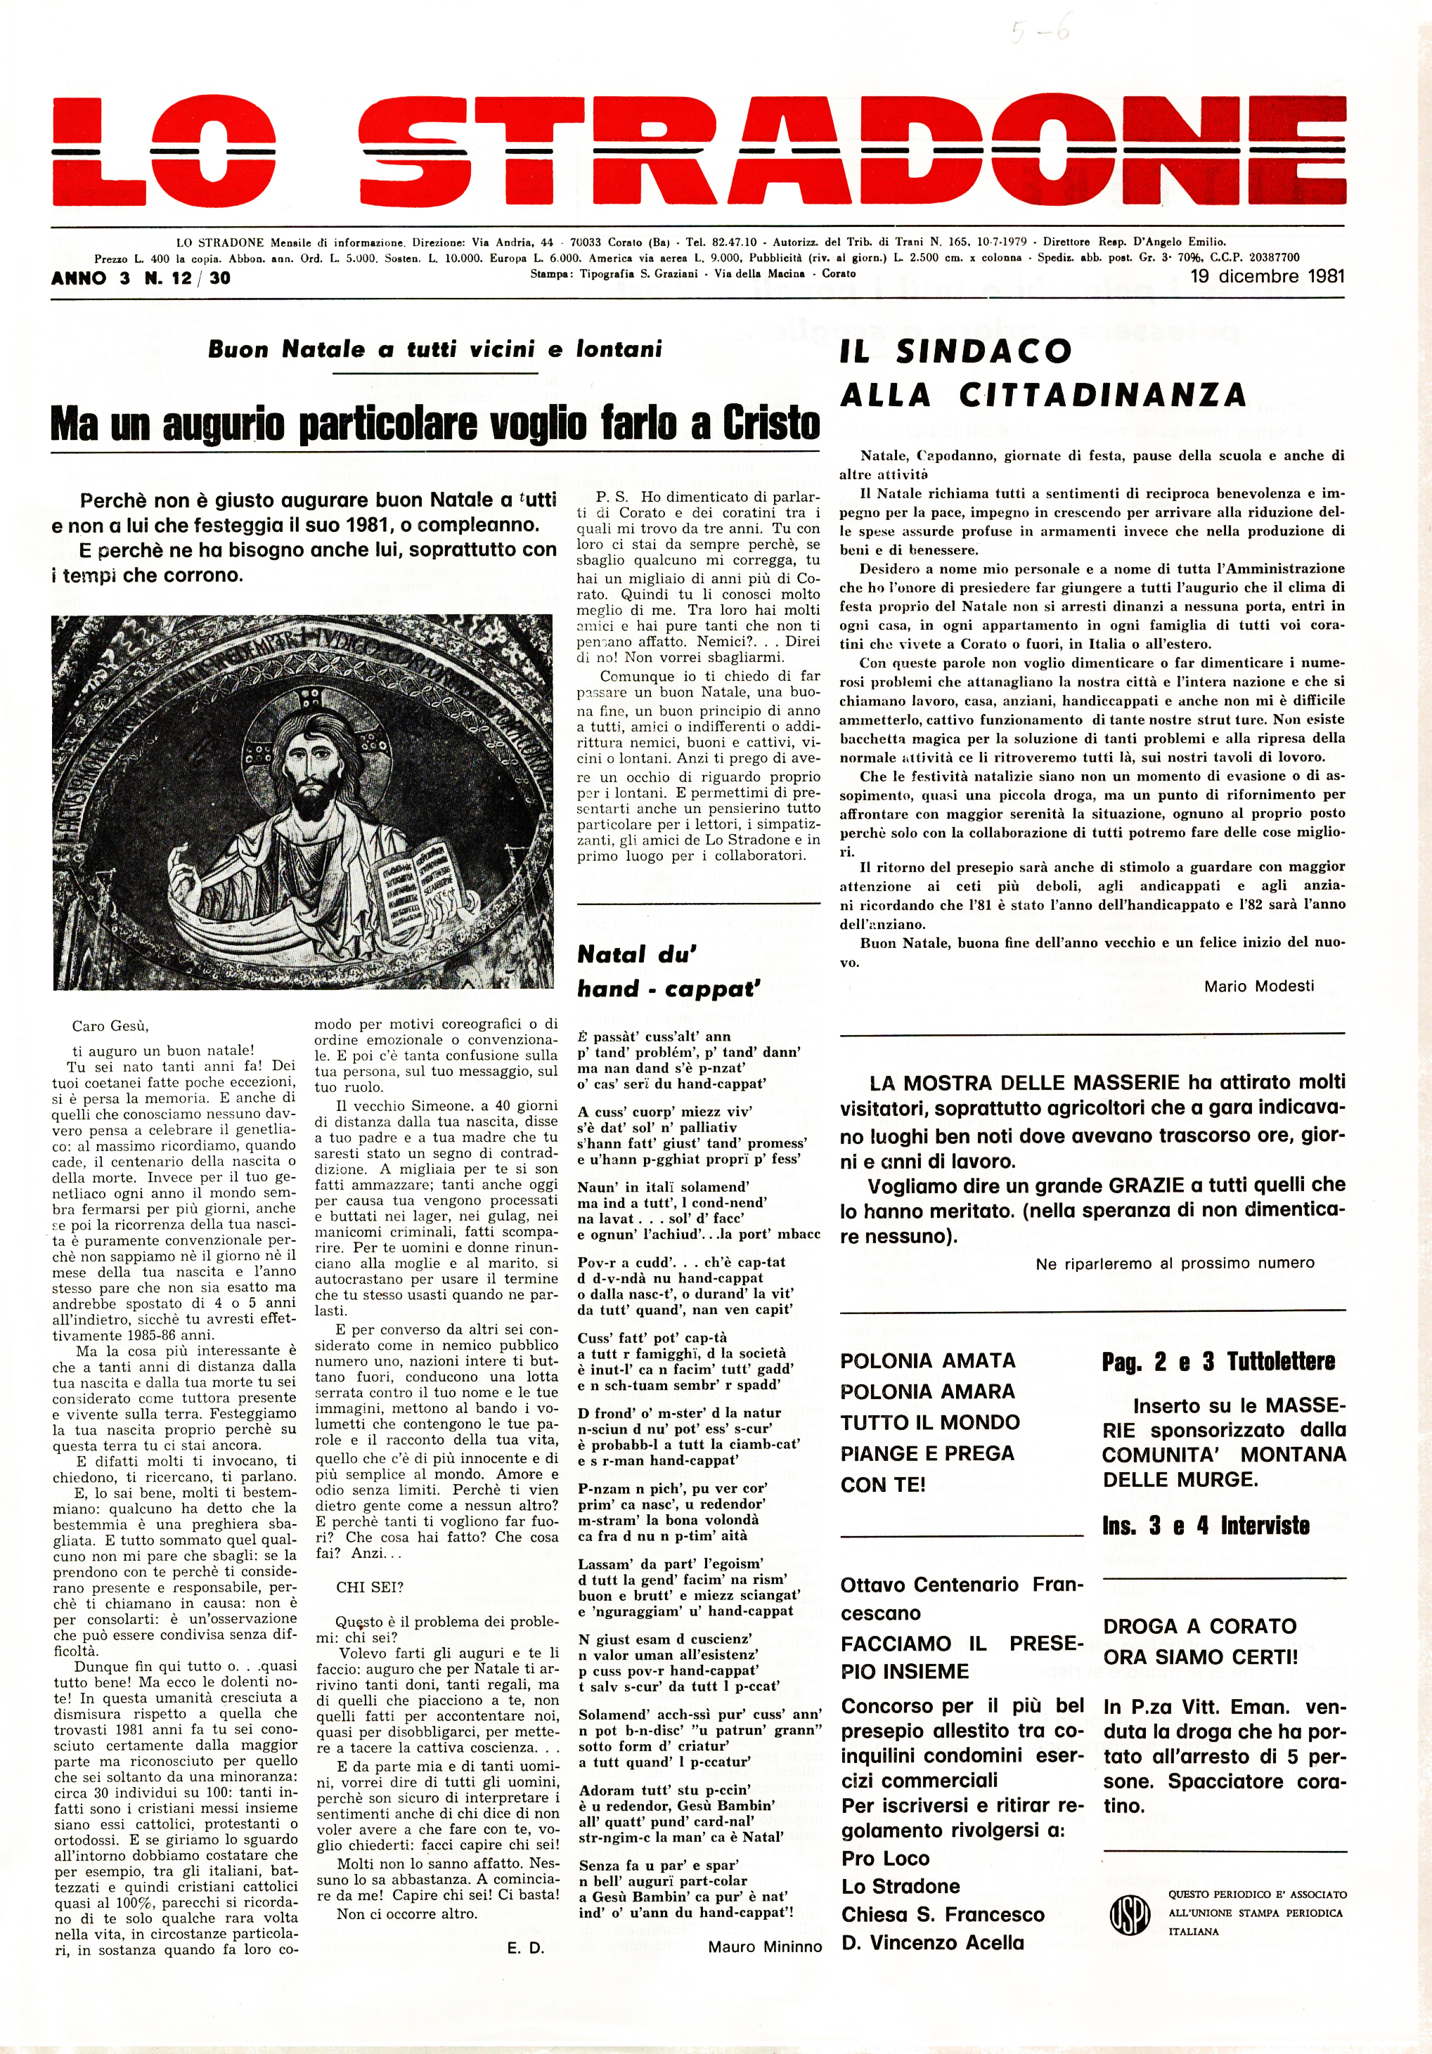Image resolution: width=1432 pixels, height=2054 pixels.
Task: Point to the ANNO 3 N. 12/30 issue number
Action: point(141,278)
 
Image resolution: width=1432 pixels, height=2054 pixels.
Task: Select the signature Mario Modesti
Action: point(1258,986)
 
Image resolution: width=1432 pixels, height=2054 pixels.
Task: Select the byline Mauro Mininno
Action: point(764,1946)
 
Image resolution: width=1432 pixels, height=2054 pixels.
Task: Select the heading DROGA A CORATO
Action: point(1199,1625)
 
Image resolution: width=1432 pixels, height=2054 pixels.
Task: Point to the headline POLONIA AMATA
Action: point(927,1360)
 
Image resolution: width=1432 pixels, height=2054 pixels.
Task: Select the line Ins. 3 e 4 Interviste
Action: point(1206,1526)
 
